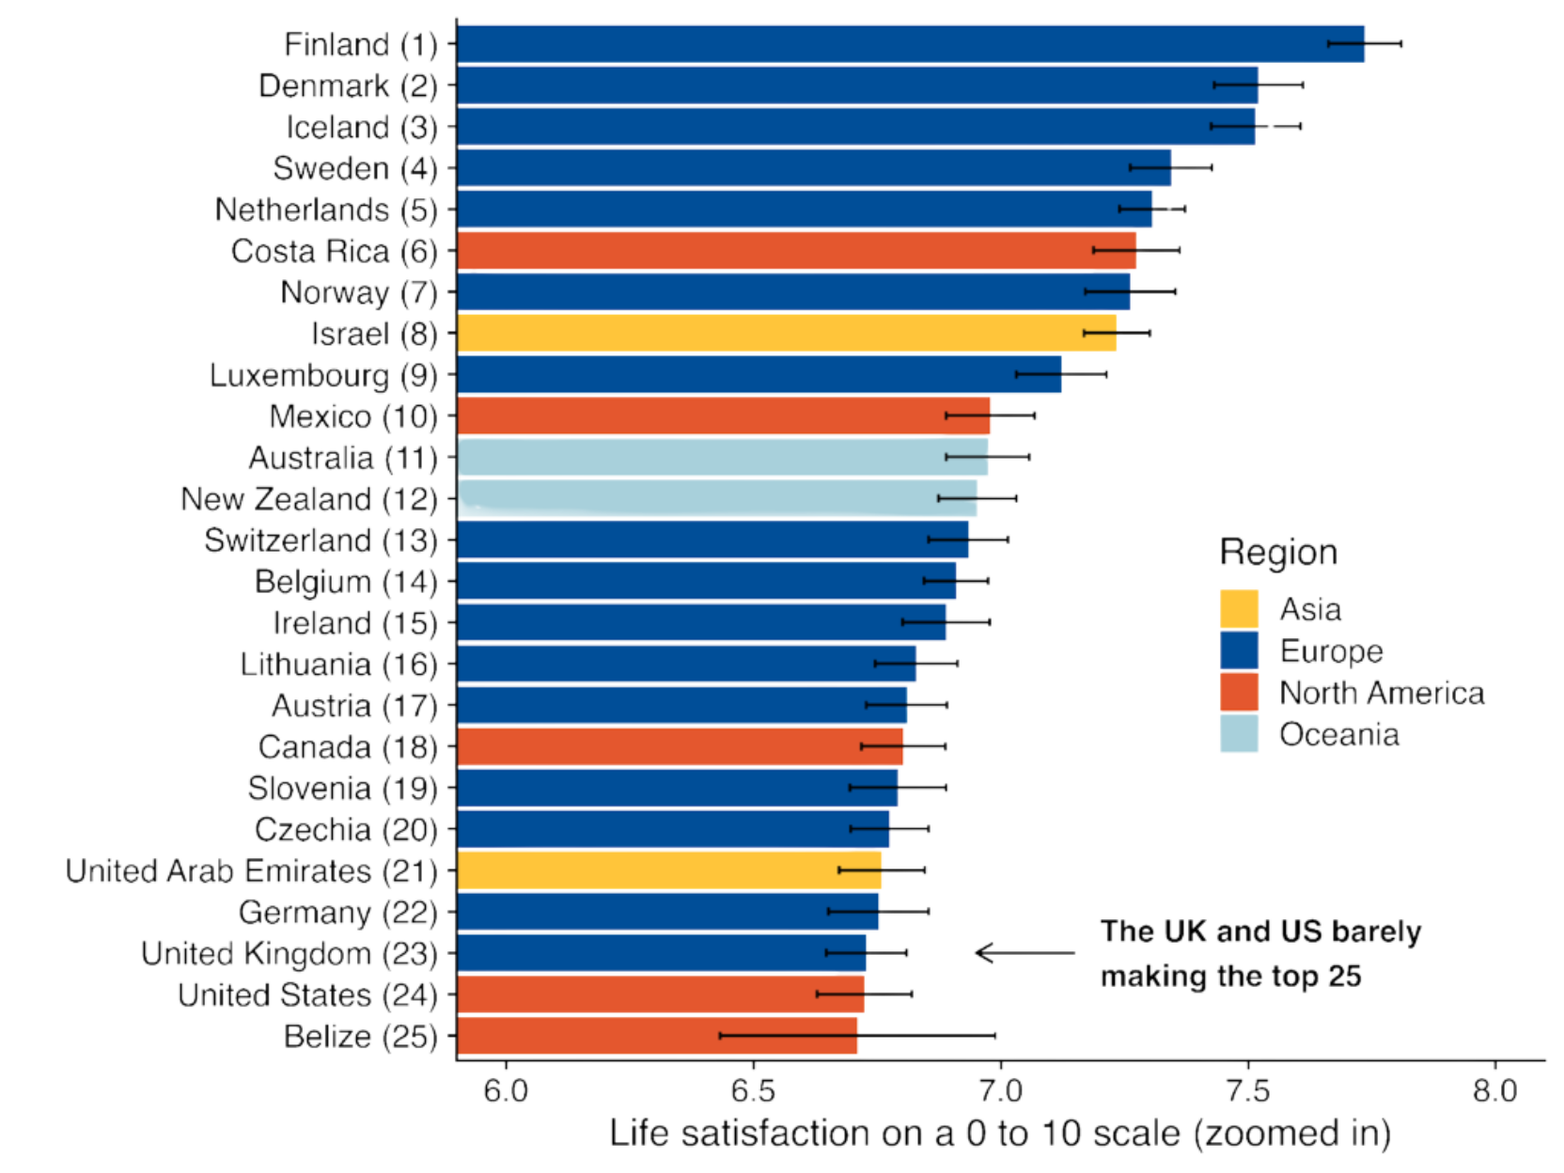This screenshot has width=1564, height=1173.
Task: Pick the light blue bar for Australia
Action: pos(724,458)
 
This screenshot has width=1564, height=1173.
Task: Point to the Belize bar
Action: pos(658,1036)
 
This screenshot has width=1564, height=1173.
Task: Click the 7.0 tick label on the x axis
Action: pos(1000,1091)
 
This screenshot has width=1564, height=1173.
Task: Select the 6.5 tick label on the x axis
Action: pos(753,1091)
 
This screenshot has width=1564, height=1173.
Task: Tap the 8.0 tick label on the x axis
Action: pos(1494,1091)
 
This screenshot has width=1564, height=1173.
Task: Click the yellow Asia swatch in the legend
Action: pos(1239,609)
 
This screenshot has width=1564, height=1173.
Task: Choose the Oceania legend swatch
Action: pos(1239,734)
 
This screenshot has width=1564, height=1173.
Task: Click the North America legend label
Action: pos(1382,694)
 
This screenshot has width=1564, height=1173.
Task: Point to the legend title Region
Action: pos(1278,553)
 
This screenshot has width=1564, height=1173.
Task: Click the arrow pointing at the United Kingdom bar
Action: pos(1024,953)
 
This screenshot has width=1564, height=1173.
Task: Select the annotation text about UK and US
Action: pos(1259,954)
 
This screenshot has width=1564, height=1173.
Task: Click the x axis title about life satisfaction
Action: pos(1000,1134)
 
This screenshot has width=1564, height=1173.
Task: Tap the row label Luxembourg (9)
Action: pos(323,376)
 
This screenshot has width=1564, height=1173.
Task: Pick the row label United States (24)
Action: pos(307,994)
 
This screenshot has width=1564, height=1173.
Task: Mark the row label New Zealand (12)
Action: pos(309,499)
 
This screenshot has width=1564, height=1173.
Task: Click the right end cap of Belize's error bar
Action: pos(997,1036)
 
